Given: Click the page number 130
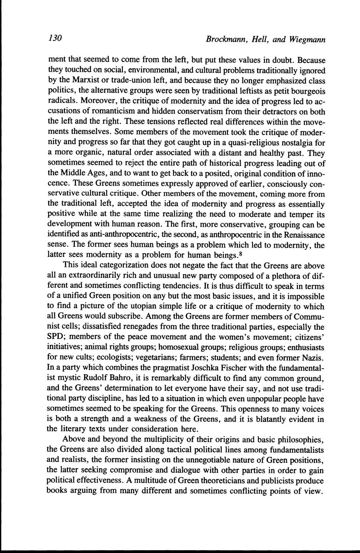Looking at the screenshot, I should point(54,38).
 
